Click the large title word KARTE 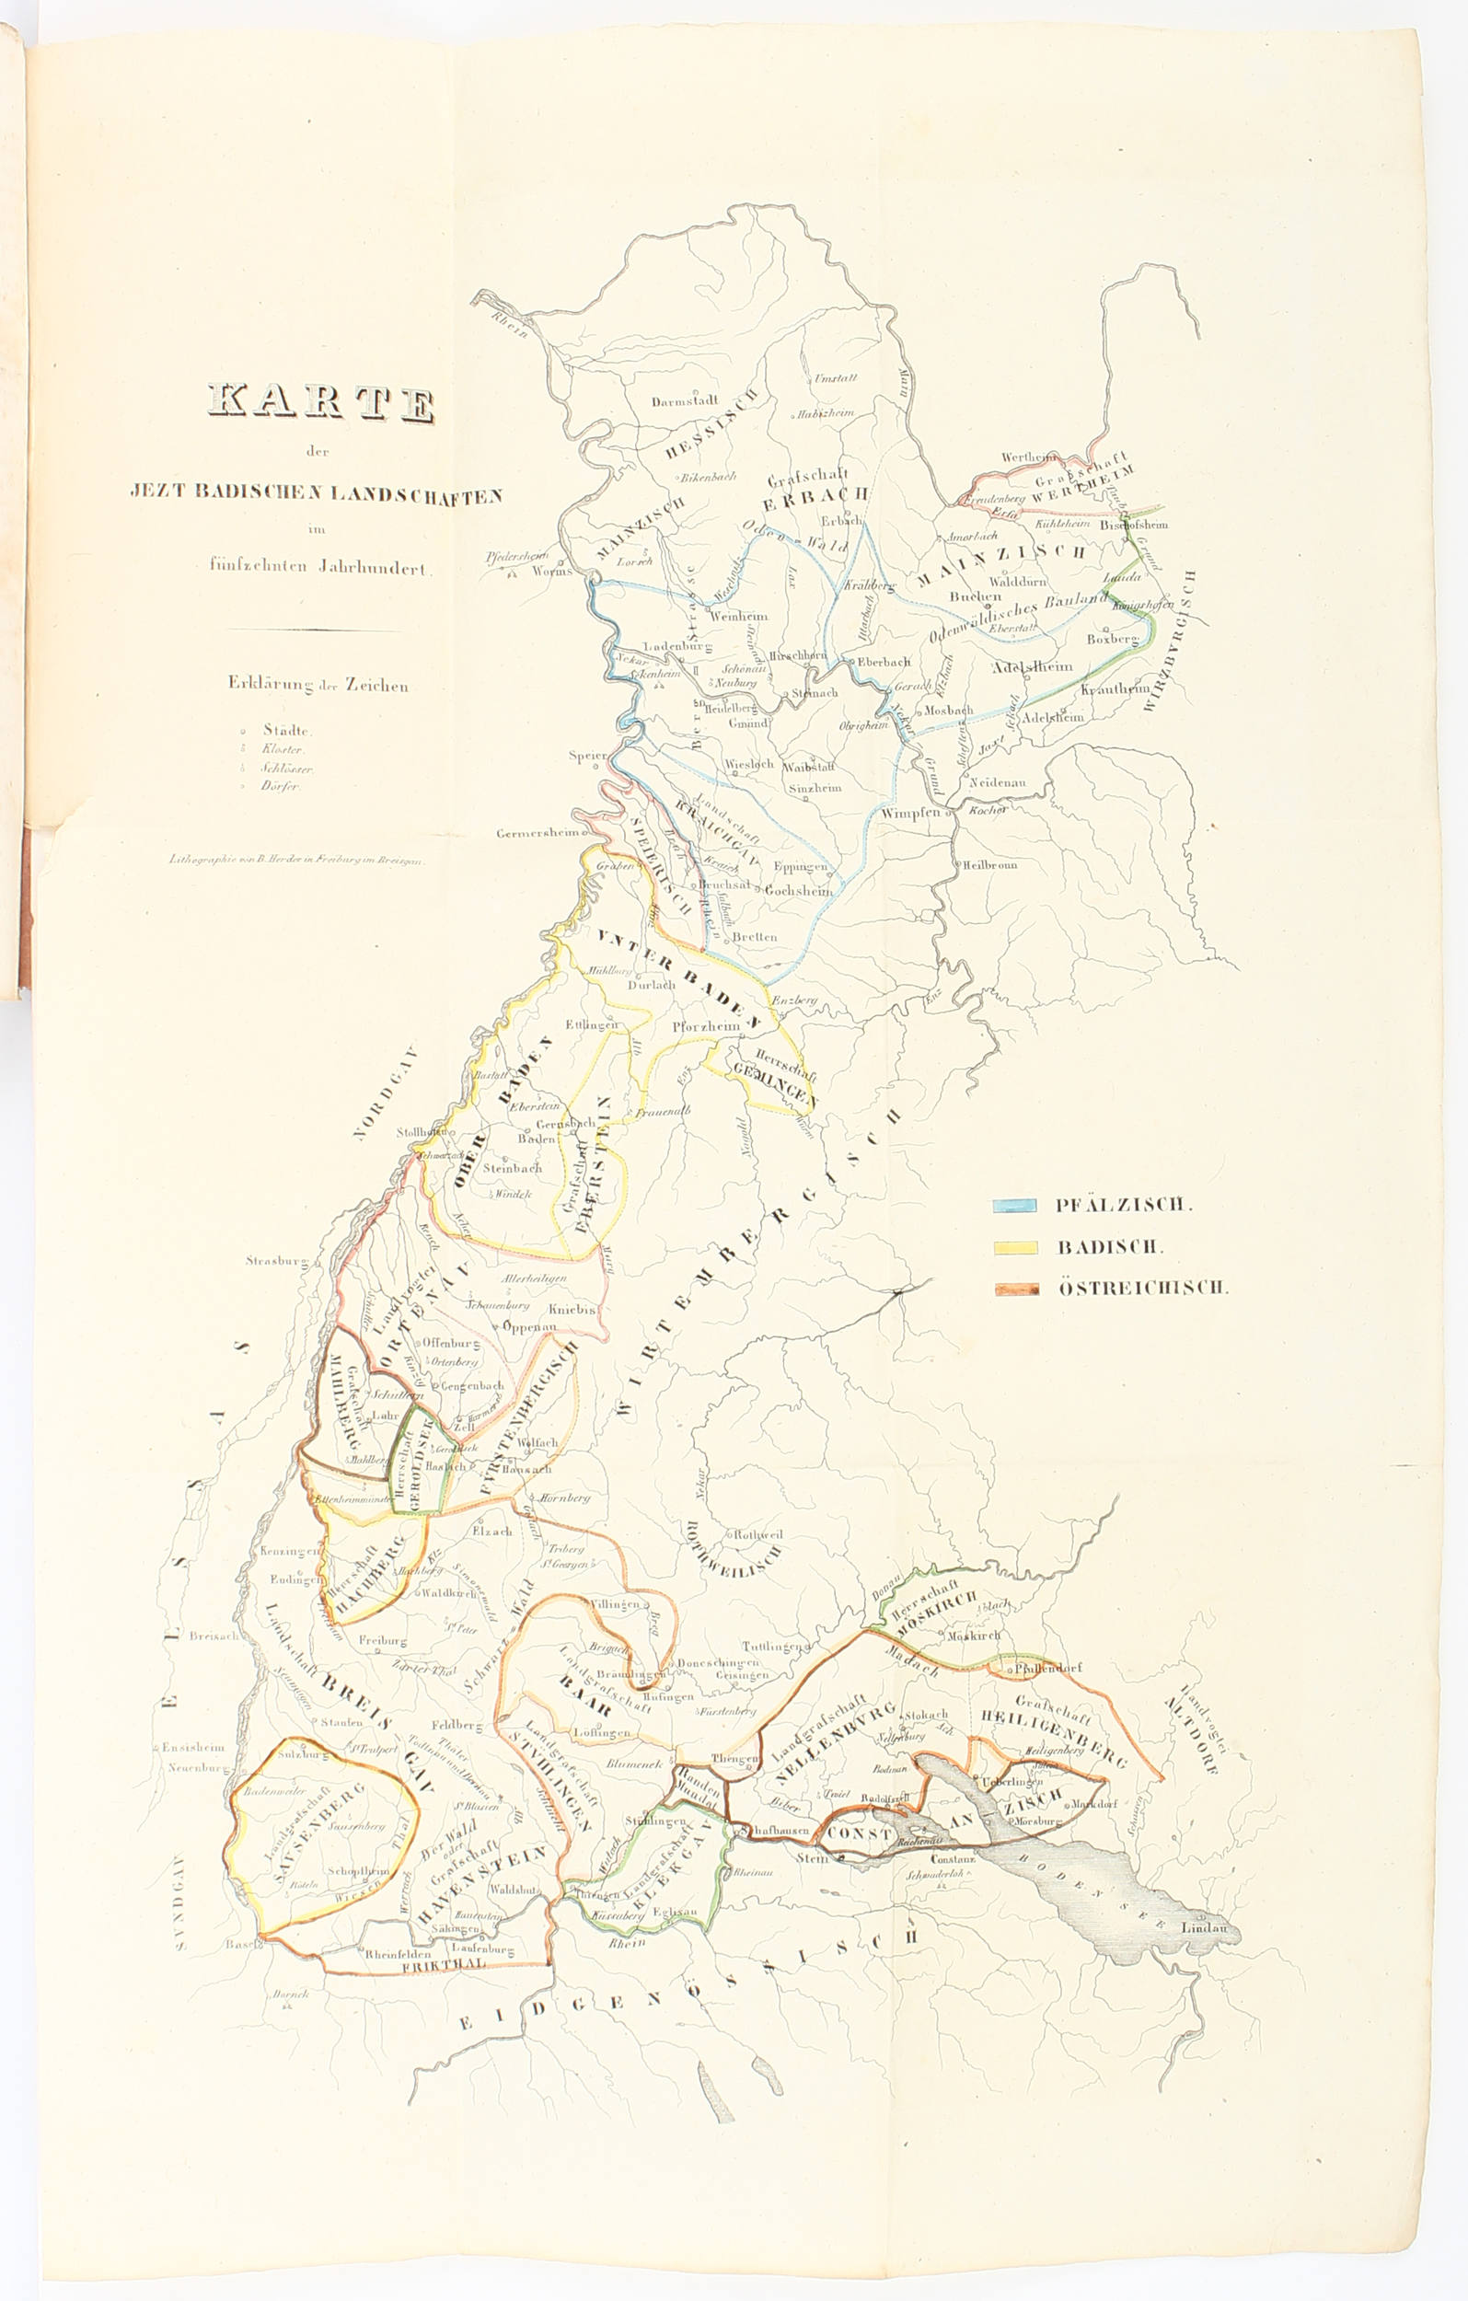click(321, 402)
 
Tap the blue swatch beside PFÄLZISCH click(1014, 1205)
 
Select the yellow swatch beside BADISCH click(1015, 1247)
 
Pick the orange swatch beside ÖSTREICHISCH click(1016, 1289)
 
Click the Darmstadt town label click(685, 401)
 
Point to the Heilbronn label click(990, 865)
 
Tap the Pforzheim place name click(706, 1026)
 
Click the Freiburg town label click(382, 1641)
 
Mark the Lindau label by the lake click(1203, 1927)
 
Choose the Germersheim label click(537, 833)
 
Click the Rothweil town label click(757, 1534)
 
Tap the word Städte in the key click(285, 730)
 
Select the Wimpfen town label click(911, 814)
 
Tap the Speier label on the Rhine click(587, 756)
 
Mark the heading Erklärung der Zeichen click(318, 685)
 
